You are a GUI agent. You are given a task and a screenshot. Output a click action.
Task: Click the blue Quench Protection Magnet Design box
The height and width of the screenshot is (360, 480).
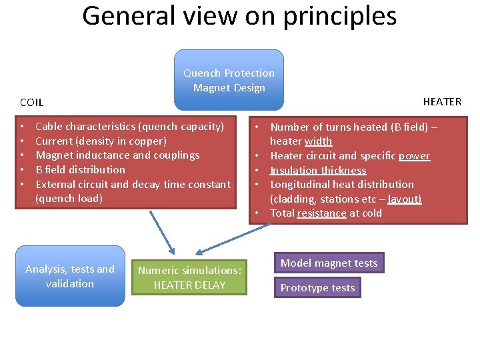tap(229, 80)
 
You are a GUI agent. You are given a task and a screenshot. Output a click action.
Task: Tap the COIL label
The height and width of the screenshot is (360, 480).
tap(32, 103)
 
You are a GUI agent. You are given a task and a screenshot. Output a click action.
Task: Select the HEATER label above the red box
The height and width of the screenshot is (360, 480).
tap(442, 101)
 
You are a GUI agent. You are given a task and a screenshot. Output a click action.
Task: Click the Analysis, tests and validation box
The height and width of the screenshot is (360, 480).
tap(70, 276)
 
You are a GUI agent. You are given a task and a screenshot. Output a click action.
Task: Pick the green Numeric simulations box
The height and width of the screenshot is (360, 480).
tap(189, 277)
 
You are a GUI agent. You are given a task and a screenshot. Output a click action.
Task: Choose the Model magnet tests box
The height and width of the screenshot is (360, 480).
tap(329, 263)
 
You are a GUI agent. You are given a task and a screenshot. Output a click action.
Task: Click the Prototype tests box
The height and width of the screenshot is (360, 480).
tap(317, 288)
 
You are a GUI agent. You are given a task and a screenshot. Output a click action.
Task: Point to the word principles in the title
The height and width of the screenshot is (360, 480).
tap(339, 16)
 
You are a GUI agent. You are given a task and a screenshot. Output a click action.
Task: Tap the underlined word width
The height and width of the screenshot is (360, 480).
tap(318, 141)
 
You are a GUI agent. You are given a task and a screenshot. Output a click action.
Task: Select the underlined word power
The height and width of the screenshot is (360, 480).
tap(414, 156)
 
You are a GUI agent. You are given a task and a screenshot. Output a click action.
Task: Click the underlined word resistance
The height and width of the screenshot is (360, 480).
tap(321, 213)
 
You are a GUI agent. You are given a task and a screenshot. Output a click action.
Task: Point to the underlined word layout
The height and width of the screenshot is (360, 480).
tap(404, 199)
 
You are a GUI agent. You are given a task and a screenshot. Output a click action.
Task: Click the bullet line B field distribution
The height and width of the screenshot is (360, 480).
tap(80, 169)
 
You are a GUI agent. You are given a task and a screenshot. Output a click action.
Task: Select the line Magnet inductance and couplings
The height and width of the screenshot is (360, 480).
tap(117, 155)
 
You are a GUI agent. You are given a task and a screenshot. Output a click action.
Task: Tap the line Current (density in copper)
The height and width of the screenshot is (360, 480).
tap(101, 141)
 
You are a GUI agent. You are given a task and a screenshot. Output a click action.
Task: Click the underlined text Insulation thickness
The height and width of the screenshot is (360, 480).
tap(318, 170)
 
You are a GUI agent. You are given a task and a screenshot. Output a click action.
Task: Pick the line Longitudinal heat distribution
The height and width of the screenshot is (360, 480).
tap(341, 185)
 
